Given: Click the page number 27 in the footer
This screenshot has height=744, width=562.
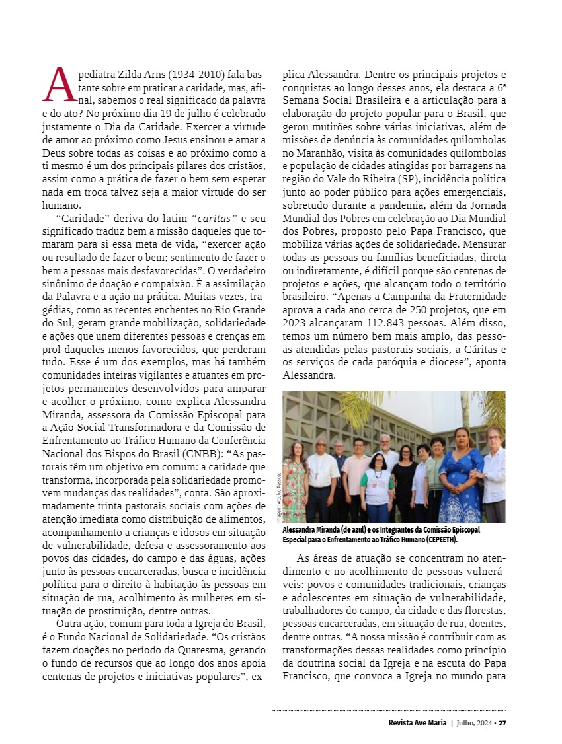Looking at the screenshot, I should point(502,722).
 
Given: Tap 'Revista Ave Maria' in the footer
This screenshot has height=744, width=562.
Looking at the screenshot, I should point(417,722).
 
